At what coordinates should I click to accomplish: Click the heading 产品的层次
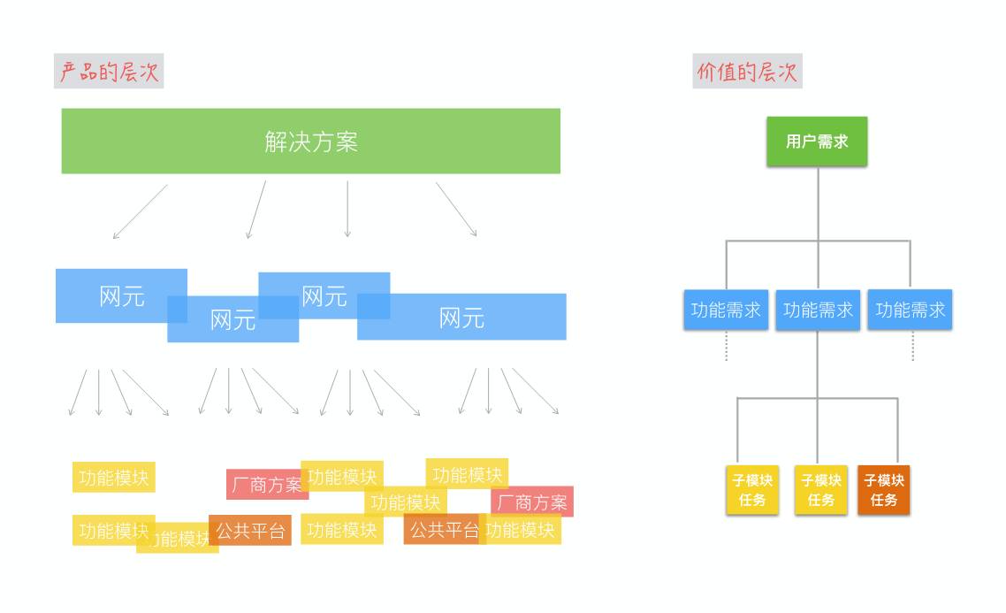tap(109, 72)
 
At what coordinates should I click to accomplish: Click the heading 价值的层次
tap(747, 72)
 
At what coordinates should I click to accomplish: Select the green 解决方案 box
tap(310, 142)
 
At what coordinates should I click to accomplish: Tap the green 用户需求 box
tap(817, 142)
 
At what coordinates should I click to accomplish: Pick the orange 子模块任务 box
tap(883, 490)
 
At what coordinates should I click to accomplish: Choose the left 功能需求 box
tap(726, 310)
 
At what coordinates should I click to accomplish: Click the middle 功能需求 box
tap(818, 310)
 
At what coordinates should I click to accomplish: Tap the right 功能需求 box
tap(910, 310)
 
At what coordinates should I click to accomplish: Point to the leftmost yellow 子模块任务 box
tap(752, 490)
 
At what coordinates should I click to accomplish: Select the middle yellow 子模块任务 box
tap(820, 490)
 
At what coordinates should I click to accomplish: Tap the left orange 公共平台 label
tap(249, 531)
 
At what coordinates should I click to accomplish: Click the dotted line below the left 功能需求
tap(727, 346)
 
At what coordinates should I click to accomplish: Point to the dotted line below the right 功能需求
tap(912, 346)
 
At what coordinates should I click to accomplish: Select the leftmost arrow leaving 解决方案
tap(140, 211)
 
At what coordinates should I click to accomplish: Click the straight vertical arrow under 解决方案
tap(347, 209)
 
